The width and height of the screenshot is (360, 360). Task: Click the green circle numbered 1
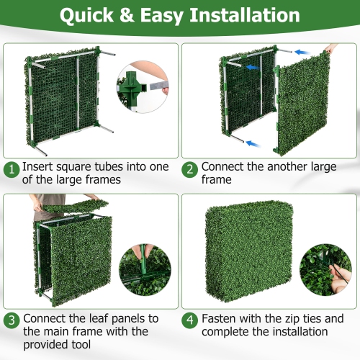(12, 169)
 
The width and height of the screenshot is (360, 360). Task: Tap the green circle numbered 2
(190, 169)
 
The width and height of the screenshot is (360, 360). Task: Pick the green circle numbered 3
(12, 320)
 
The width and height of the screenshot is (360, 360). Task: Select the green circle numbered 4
(190, 320)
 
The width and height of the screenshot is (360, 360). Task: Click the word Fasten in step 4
(220, 318)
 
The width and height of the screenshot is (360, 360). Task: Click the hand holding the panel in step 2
(333, 48)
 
